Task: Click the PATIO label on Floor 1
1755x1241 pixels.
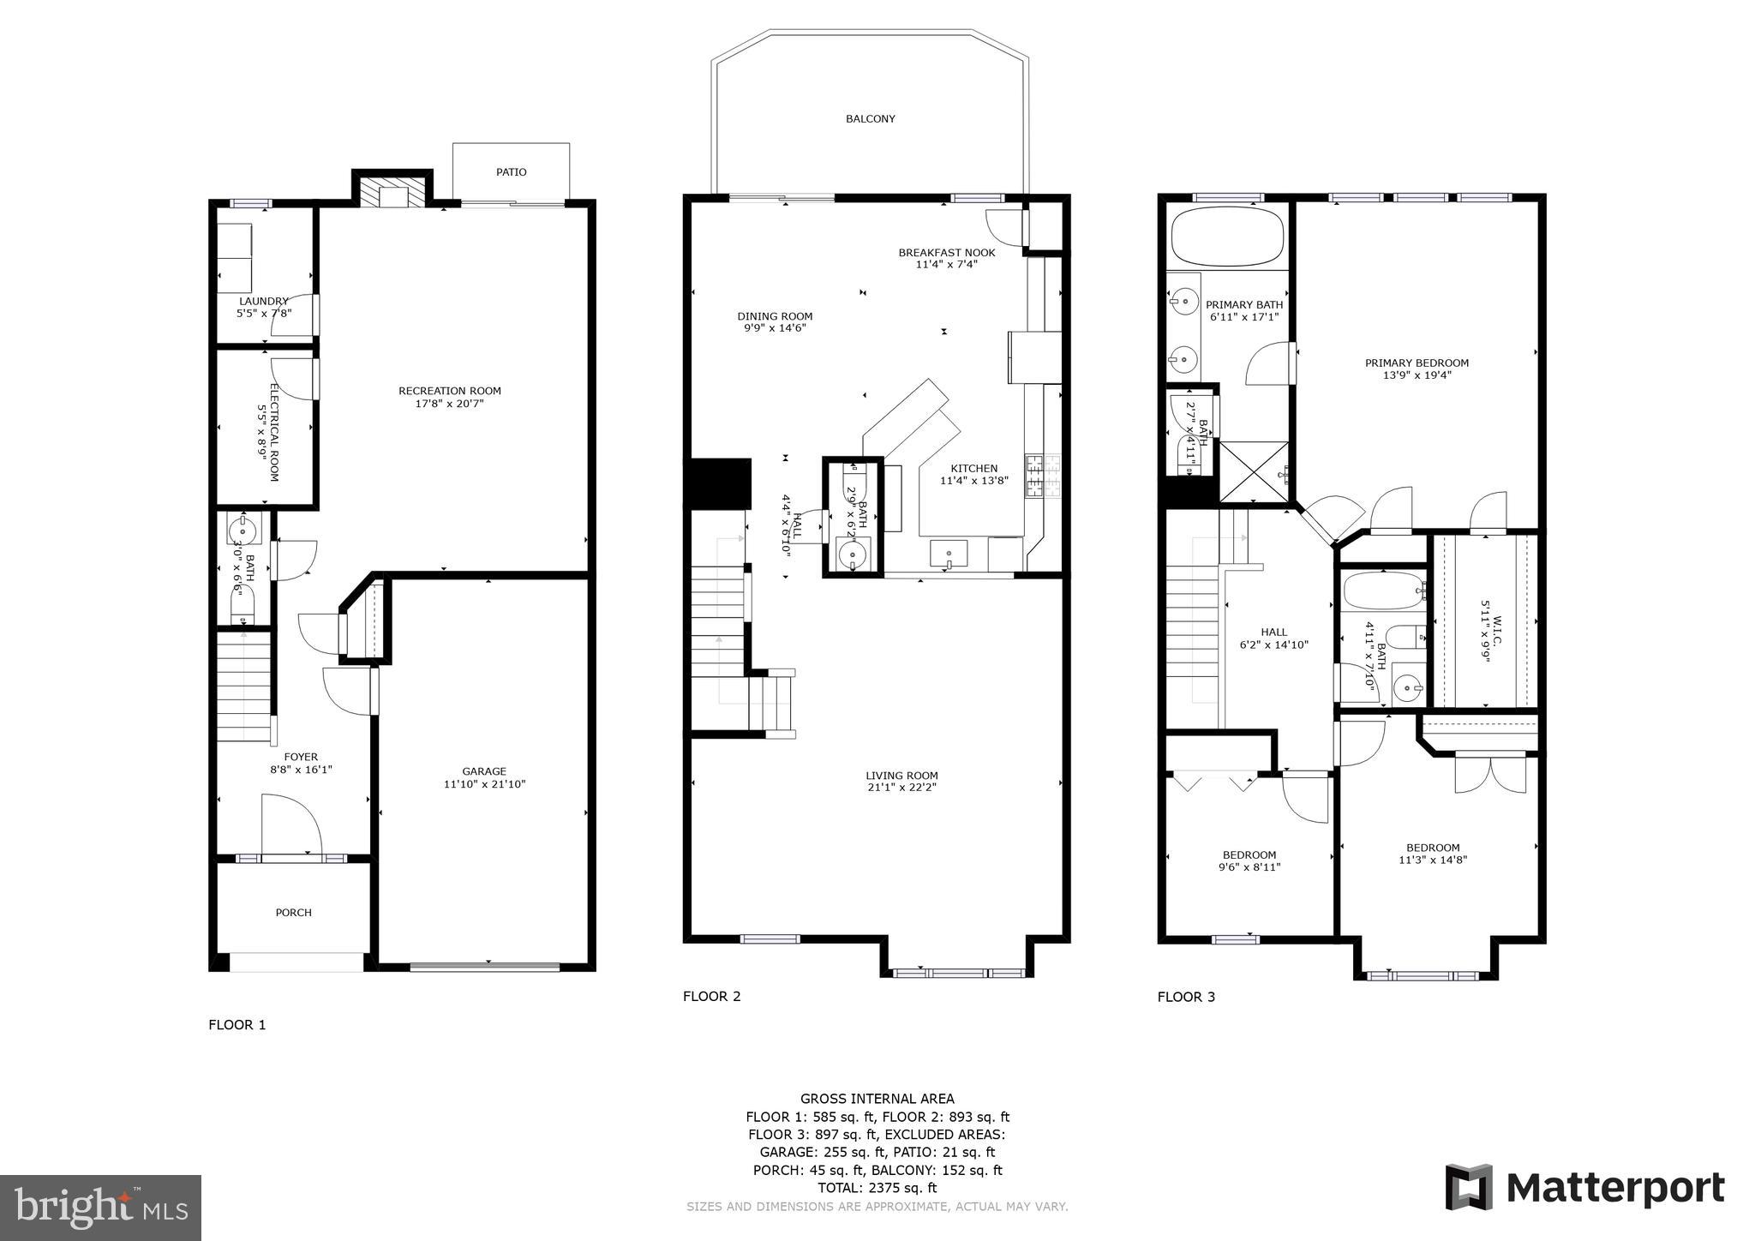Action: coord(511,172)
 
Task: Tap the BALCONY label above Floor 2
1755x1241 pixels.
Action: coord(870,119)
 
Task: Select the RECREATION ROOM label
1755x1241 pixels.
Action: coord(449,391)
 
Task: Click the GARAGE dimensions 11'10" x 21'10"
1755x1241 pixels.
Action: coord(484,784)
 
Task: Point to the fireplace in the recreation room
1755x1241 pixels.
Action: coord(392,193)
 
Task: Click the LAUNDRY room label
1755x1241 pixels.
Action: coord(263,302)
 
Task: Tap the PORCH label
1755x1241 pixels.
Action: coord(293,913)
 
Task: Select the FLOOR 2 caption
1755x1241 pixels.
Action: coord(711,996)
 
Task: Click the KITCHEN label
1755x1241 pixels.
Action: coord(973,469)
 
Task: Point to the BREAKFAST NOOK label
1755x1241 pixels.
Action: coord(946,253)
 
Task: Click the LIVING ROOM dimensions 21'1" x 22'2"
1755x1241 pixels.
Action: coord(901,788)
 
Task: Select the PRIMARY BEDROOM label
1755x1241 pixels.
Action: coord(1417,363)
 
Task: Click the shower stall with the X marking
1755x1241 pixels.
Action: coord(1253,471)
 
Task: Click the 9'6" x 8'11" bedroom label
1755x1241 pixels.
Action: coord(1249,867)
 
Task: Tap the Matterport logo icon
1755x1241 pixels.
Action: coord(1469,1188)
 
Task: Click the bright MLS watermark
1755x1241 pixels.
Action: coord(101,1208)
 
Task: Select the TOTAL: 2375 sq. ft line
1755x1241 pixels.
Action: coord(877,1188)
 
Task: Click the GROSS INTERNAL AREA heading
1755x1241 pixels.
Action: coord(877,1099)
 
